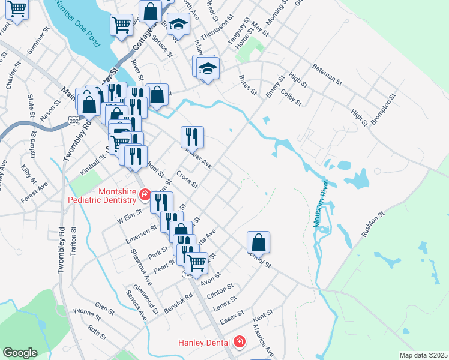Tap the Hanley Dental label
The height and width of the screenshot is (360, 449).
point(203,342)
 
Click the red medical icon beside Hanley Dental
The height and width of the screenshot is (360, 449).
point(240,342)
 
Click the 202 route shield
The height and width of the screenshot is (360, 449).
point(74,121)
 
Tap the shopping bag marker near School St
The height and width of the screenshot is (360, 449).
point(258,242)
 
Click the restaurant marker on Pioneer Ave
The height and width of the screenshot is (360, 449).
point(192,137)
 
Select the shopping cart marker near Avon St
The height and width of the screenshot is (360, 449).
point(197,263)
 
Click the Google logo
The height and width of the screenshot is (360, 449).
point(20,353)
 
